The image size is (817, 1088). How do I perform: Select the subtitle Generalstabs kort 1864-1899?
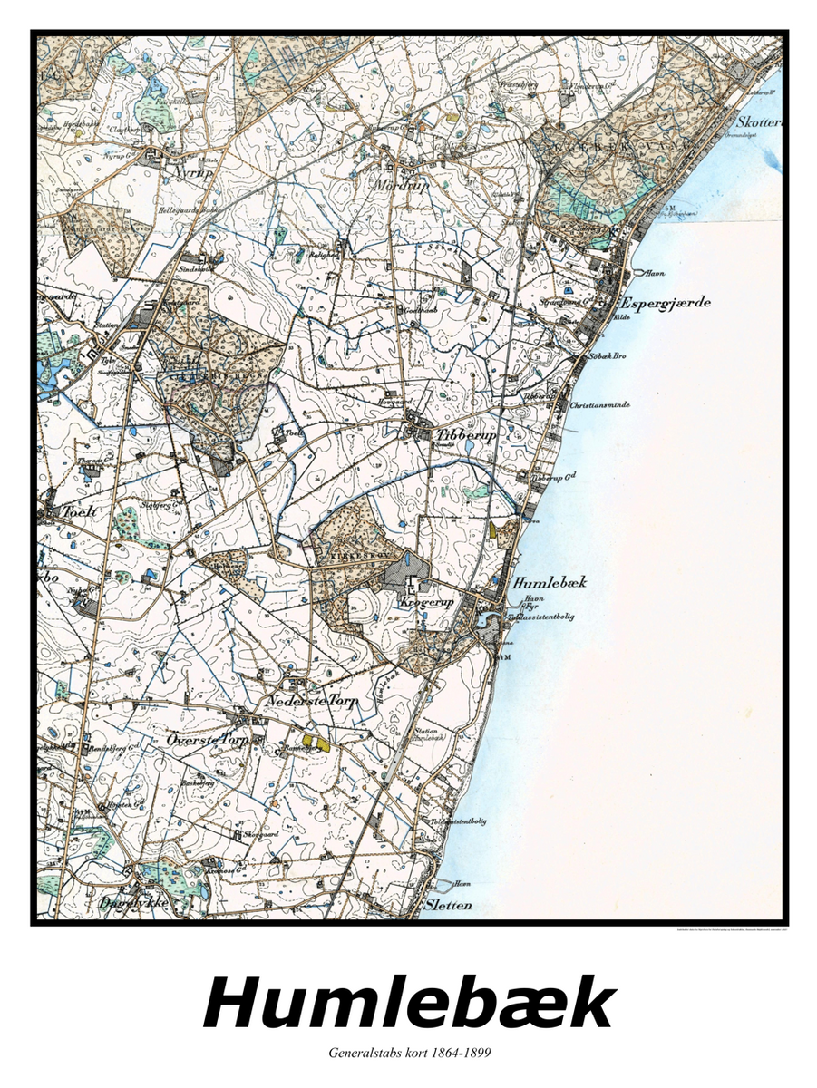pos(408,1053)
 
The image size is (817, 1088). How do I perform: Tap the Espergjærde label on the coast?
pos(665,302)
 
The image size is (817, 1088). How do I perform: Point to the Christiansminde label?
pos(599,404)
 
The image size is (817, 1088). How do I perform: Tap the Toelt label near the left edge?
pos(77,510)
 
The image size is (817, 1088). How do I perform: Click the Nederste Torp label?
pos(314,701)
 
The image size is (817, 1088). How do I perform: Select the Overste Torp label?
pos(208,740)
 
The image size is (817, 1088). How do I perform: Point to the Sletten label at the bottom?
pos(447,904)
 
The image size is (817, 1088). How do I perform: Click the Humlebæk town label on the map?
pos(550,582)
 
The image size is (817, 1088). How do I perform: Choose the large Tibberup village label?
pos(469,434)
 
